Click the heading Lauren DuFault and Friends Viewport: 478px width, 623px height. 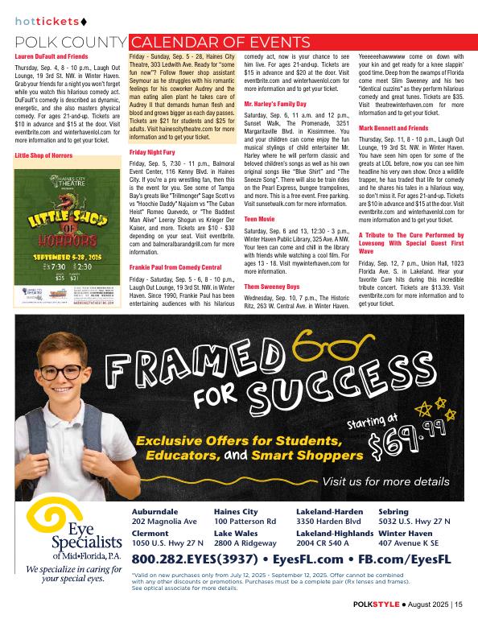(x=52, y=58)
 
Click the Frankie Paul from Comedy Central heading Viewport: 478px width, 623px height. (x=176, y=266)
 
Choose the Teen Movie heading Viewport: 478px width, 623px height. (x=262, y=218)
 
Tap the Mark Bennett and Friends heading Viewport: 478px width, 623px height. (x=394, y=128)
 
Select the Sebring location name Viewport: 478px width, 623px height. (x=394, y=512)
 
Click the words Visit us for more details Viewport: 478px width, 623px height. (x=385, y=481)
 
